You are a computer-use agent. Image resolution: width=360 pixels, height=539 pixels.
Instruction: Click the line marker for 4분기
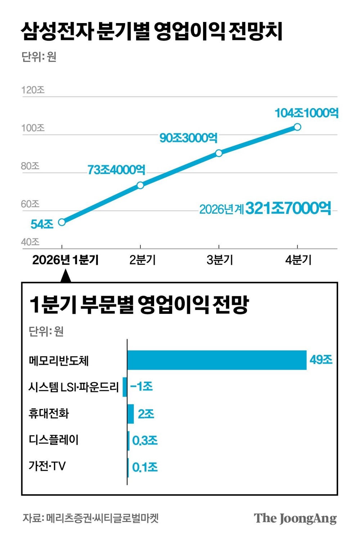297,127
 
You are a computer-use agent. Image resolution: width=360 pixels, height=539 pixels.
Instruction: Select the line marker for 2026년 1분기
62,222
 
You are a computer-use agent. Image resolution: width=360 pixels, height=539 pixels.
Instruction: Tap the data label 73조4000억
116,170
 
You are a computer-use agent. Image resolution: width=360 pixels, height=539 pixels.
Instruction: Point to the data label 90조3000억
188,138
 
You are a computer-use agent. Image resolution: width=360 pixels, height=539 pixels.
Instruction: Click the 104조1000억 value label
306,113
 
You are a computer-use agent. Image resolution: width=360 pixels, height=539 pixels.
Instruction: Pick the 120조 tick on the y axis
33,90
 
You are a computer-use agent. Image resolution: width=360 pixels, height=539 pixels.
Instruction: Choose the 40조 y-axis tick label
30,242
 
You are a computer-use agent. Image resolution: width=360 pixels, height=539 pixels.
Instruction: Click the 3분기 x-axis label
220,260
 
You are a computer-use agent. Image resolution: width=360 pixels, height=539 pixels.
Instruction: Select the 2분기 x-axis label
142,260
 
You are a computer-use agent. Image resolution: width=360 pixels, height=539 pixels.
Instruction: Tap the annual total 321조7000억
288,208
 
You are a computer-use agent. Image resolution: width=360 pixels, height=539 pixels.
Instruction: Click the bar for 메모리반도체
217,360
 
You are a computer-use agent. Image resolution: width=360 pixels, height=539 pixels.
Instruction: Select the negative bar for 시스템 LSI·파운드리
125,387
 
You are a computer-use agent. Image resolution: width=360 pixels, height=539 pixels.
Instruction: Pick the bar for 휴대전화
131,414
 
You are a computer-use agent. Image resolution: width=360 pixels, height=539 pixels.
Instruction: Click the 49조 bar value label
321,360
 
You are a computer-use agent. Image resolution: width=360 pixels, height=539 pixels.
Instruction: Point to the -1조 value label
141,387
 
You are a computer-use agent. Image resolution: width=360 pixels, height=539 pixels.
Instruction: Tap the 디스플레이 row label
53,440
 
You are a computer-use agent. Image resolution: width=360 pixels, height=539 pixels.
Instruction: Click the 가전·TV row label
47,466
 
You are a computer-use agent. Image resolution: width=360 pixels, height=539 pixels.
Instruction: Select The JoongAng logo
295,518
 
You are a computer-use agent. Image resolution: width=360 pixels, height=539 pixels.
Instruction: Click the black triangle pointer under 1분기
66,276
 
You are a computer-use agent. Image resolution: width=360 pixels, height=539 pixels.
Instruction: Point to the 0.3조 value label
145,440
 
